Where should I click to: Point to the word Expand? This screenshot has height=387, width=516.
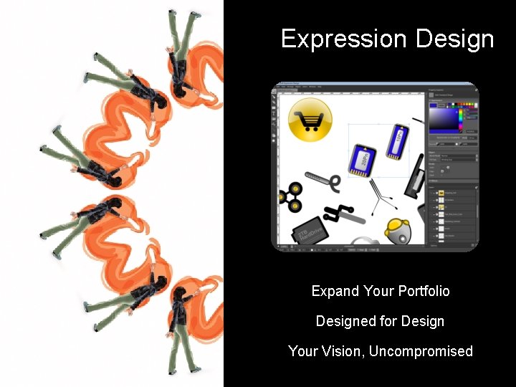(x=335, y=291)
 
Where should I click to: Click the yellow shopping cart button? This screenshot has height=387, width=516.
(x=310, y=120)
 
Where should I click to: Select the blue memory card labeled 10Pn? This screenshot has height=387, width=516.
(x=396, y=140)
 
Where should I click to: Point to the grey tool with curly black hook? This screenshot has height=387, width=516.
(x=326, y=181)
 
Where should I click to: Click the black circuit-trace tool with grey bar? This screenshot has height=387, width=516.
(x=343, y=213)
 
